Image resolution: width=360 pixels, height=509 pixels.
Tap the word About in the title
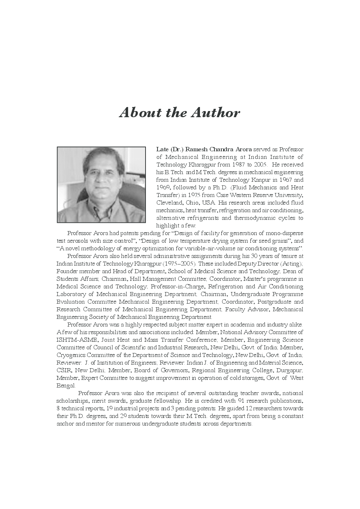click(x=140, y=113)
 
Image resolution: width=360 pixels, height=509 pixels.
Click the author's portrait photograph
click(x=101, y=185)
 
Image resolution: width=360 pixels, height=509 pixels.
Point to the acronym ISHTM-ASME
click(x=77, y=340)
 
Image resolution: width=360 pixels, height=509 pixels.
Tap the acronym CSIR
click(x=64, y=370)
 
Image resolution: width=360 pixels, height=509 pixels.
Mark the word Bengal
click(x=65, y=386)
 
